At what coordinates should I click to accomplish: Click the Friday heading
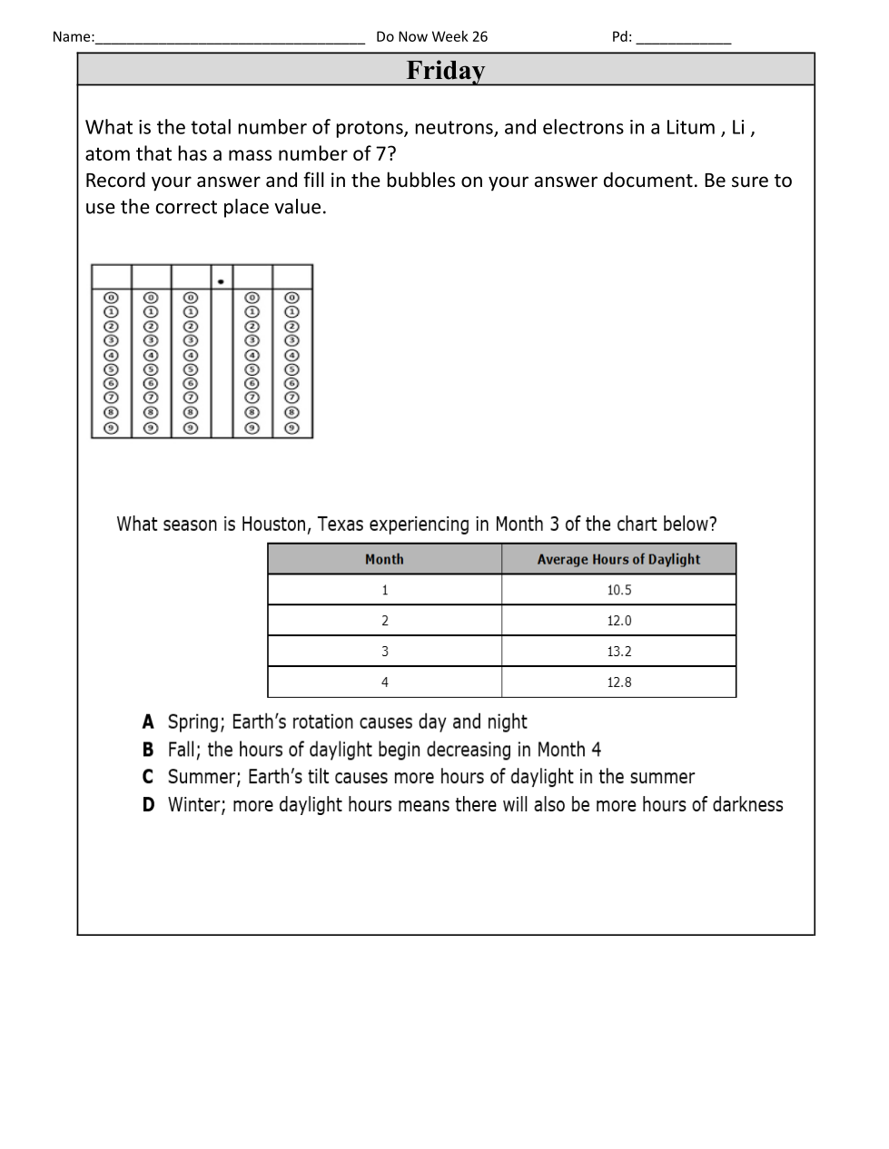pos(445,70)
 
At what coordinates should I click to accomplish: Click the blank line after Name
pos(229,39)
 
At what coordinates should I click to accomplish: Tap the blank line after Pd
pos(683,39)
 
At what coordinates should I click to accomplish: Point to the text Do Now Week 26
pos(431,36)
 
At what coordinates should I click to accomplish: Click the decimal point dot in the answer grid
pos(221,281)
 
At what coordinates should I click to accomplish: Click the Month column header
pos(384,559)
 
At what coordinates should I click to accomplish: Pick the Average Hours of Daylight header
pos(618,559)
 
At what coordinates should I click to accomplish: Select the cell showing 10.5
pos(618,590)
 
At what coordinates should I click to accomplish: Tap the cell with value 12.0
pos(618,621)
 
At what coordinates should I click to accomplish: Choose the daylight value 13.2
pos(618,652)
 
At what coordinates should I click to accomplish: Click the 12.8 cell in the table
pos(618,683)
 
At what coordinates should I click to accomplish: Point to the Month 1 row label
pos(385,590)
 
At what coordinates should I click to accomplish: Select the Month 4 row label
pos(385,683)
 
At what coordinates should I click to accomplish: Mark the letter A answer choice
pos(148,722)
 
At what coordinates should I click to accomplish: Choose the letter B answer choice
pos(148,750)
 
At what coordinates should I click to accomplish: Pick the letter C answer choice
pos(148,777)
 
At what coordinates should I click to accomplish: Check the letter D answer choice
pos(148,805)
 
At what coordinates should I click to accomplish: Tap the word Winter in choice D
pos(195,805)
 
